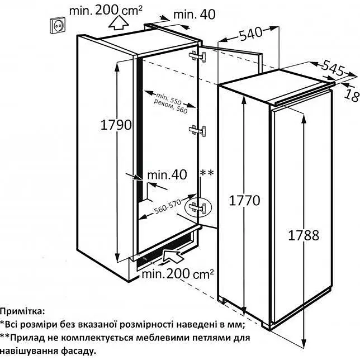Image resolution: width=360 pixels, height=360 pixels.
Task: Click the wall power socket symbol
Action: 58,25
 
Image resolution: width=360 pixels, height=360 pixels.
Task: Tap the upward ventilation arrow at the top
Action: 119,22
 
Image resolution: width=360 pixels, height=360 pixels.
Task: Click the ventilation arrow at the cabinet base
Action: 174,256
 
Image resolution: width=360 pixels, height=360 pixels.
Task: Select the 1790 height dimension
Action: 116,125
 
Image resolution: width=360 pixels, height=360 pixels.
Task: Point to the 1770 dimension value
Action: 244,200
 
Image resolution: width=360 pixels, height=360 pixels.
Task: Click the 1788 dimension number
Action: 304,235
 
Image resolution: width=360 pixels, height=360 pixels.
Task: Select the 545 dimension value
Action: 333,68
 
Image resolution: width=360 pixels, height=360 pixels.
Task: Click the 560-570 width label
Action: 167,206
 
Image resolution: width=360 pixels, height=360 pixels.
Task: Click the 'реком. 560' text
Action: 171,107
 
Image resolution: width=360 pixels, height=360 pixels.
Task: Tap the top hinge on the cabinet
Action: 197,56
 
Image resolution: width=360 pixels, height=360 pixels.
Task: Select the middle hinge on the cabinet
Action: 197,131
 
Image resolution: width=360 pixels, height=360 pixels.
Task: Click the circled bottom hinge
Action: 197,207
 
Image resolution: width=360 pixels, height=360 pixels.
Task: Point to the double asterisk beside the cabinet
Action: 207,173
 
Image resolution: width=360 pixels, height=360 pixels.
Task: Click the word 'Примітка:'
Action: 22,311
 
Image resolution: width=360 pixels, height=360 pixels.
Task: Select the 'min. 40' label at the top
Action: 195,15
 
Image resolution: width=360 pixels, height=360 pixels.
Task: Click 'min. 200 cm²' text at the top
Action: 106,10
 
